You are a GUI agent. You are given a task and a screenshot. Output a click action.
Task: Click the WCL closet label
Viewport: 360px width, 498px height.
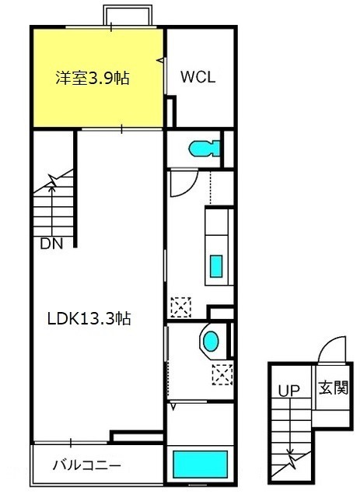198,77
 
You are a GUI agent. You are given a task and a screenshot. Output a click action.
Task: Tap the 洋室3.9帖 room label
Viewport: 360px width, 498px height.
93,78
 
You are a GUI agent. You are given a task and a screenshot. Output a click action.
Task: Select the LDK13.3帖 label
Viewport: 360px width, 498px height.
89,318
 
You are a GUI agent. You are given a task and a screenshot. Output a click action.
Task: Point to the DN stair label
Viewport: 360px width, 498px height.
51,244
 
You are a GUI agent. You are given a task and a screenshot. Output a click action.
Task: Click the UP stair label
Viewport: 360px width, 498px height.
289,391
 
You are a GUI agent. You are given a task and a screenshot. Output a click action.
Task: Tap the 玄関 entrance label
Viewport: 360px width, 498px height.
334,388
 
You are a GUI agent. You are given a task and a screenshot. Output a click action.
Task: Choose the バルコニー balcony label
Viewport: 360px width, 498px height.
86,466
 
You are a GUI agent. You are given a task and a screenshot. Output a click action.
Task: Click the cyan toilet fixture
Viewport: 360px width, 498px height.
204,149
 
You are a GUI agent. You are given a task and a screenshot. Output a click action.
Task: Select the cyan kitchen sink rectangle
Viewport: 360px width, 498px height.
216,266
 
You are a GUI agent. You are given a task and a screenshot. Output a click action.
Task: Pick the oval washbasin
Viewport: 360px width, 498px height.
211,341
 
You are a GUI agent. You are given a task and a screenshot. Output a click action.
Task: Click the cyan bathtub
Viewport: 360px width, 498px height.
200,464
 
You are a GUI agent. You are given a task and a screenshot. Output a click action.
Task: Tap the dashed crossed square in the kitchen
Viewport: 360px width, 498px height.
181,307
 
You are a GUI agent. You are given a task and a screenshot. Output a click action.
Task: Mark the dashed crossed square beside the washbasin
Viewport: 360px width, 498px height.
222,375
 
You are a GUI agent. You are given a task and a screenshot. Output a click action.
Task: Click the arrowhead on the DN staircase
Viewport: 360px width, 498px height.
52,188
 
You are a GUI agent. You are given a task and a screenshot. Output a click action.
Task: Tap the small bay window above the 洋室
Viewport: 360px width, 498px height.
128,15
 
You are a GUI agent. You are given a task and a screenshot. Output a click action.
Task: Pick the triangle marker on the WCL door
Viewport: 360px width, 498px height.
161,59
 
